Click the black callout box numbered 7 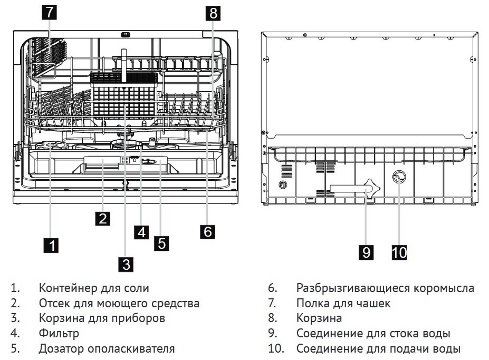coord(49,12)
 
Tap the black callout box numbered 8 coord(213,13)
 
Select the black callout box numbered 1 coord(50,245)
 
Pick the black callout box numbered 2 coord(103,218)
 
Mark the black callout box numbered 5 coord(162,243)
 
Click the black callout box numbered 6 coord(208,231)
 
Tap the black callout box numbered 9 coord(366,252)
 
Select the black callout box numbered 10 coord(399,252)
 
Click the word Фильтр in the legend coord(59,334)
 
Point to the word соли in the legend coord(137,288)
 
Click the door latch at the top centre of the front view coord(125,35)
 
